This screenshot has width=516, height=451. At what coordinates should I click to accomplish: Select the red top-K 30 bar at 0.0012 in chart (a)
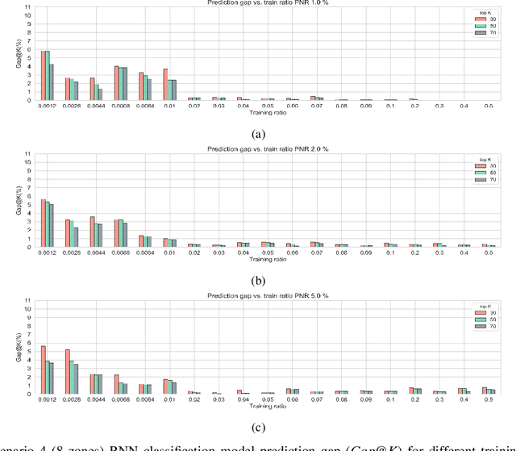[43, 76]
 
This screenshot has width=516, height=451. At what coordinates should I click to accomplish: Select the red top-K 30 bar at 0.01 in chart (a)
[165, 85]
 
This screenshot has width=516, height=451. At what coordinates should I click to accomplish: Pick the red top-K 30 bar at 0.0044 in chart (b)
[92, 232]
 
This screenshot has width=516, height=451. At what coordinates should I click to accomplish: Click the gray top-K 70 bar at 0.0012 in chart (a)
[52, 82]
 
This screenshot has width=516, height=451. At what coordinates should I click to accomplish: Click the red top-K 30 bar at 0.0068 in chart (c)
[116, 384]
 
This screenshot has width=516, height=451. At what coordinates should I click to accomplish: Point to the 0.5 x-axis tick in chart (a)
[489, 106]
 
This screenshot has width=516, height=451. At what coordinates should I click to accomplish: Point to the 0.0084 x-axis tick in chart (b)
[145, 253]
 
